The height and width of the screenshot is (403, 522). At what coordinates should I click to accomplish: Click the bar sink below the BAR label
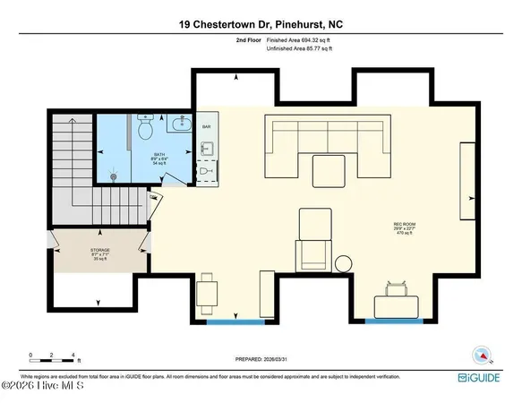(x=205, y=169)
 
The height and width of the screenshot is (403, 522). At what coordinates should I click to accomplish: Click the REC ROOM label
(x=401, y=224)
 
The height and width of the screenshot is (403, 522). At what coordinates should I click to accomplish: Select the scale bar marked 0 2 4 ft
(x=54, y=359)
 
